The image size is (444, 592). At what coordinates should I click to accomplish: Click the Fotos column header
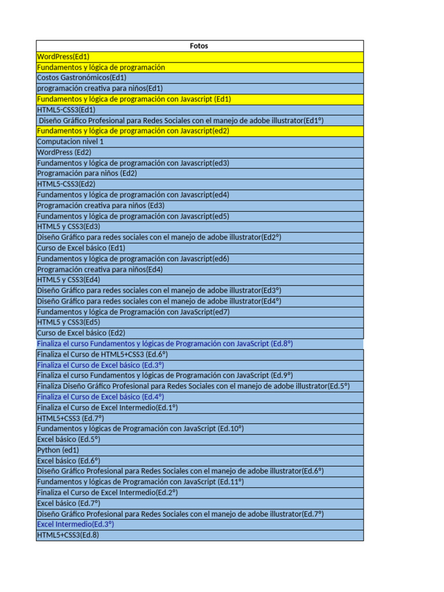click(x=199, y=46)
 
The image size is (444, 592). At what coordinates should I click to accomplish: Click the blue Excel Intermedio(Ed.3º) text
click(x=75, y=524)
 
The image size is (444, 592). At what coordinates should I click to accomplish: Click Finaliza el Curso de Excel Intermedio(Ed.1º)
click(x=107, y=408)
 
